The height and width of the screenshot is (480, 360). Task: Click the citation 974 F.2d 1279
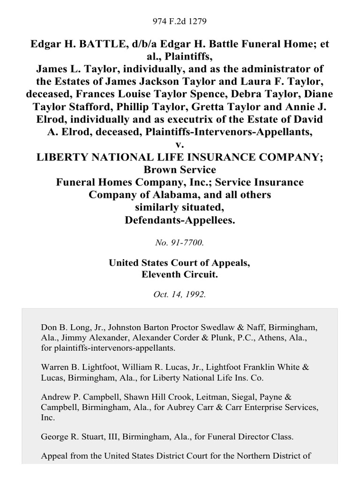[x=180, y=22]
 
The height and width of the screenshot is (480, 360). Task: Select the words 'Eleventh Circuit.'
[x=180, y=275]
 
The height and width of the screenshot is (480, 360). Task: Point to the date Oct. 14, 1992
[x=180, y=295]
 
